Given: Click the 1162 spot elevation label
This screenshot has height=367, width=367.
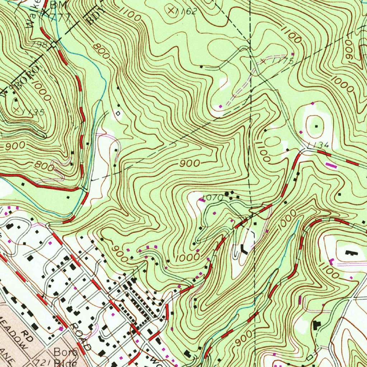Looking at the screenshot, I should pyautogui.click(x=187, y=11).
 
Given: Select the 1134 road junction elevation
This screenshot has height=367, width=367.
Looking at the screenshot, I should pyautogui.click(x=318, y=145).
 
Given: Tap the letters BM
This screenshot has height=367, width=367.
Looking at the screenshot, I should pyautogui.click(x=56, y=5).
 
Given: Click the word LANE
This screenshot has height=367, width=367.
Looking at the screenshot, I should pyautogui.click(x=7, y=360).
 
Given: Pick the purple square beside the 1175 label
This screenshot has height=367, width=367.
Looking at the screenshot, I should pyautogui.click(x=293, y=54).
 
